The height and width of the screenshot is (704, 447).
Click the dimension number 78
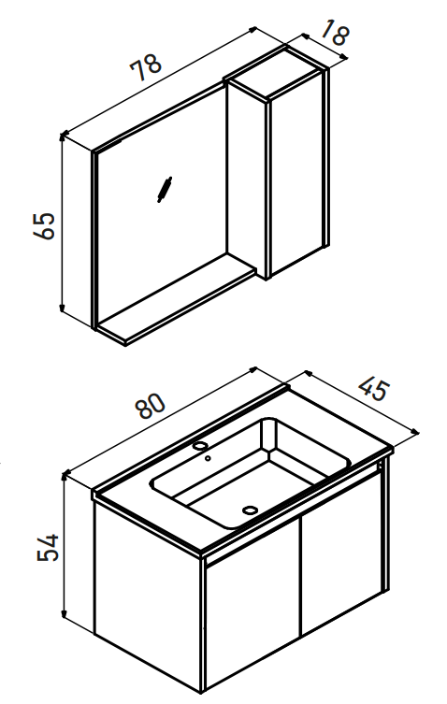click(x=146, y=67)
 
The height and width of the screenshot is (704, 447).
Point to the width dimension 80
click(x=150, y=406)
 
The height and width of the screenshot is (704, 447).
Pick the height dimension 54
click(x=48, y=547)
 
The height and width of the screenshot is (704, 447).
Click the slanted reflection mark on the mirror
click(x=165, y=190)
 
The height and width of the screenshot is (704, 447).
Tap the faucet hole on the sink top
click(x=200, y=446)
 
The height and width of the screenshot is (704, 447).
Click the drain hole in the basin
click(x=250, y=510)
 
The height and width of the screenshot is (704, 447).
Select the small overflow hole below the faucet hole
click(x=208, y=458)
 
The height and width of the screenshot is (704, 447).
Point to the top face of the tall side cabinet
click(x=274, y=73)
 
